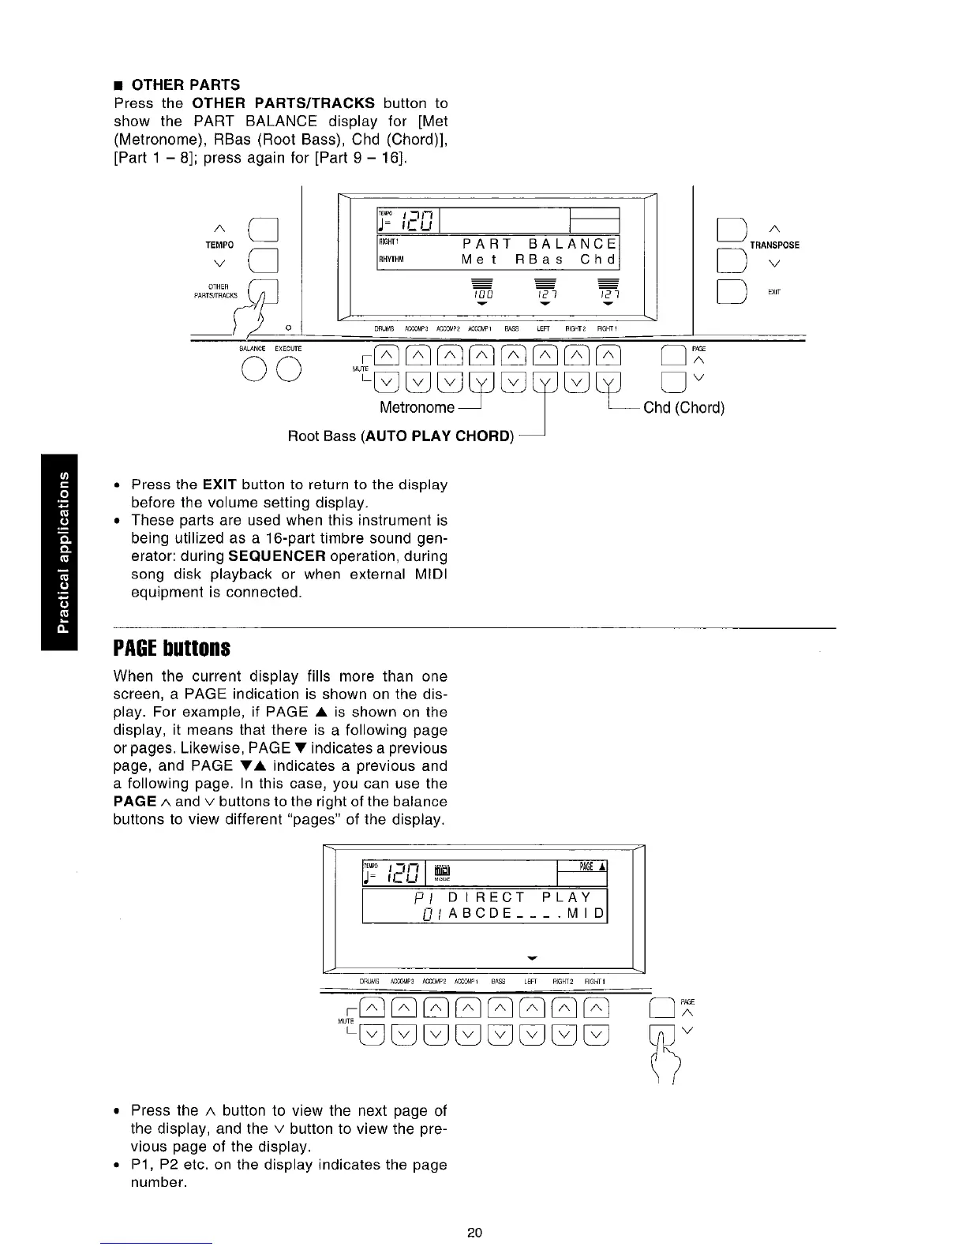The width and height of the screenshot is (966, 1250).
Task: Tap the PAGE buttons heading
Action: pos(172,649)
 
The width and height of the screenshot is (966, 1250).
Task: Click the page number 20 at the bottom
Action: pos(474,1233)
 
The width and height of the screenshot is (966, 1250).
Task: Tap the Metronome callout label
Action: pos(417,408)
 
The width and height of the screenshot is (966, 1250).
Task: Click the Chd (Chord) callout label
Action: pos(683,408)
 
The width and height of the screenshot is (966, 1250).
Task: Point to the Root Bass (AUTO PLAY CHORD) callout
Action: pos(401,436)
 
